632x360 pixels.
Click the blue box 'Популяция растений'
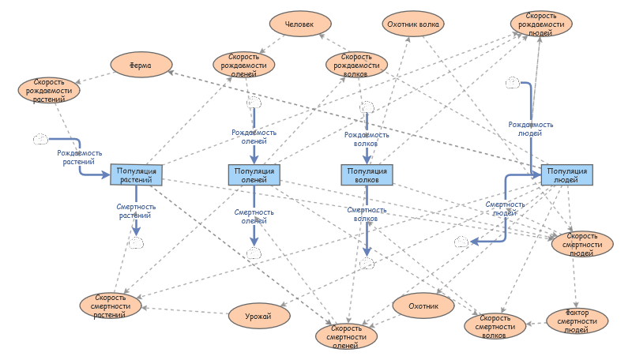point(136,174)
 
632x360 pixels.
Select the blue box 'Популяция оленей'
point(254,174)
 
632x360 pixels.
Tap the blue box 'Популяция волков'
point(367,174)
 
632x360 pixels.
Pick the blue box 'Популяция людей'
point(566,174)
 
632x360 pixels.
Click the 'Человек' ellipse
point(300,24)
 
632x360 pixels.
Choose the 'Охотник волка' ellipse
point(413,24)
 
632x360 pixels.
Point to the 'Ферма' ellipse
point(141,65)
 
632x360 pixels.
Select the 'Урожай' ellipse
point(259,316)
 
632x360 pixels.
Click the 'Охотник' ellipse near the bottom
point(423,306)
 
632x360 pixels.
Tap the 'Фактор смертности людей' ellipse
point(577,321)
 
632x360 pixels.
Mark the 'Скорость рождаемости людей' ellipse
point(541,24)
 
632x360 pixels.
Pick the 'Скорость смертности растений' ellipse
point(111,306)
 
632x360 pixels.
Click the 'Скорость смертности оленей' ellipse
point(346,336)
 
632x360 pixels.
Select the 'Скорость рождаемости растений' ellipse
point(49,90)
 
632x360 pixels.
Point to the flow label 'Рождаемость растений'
point(80,157)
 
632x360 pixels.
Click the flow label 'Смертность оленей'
point(254,216)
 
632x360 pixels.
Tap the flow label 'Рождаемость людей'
point(530,129)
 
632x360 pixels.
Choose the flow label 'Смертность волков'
point(367,214)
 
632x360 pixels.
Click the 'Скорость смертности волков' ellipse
point(495,326)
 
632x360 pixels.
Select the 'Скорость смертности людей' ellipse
point(582,244)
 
